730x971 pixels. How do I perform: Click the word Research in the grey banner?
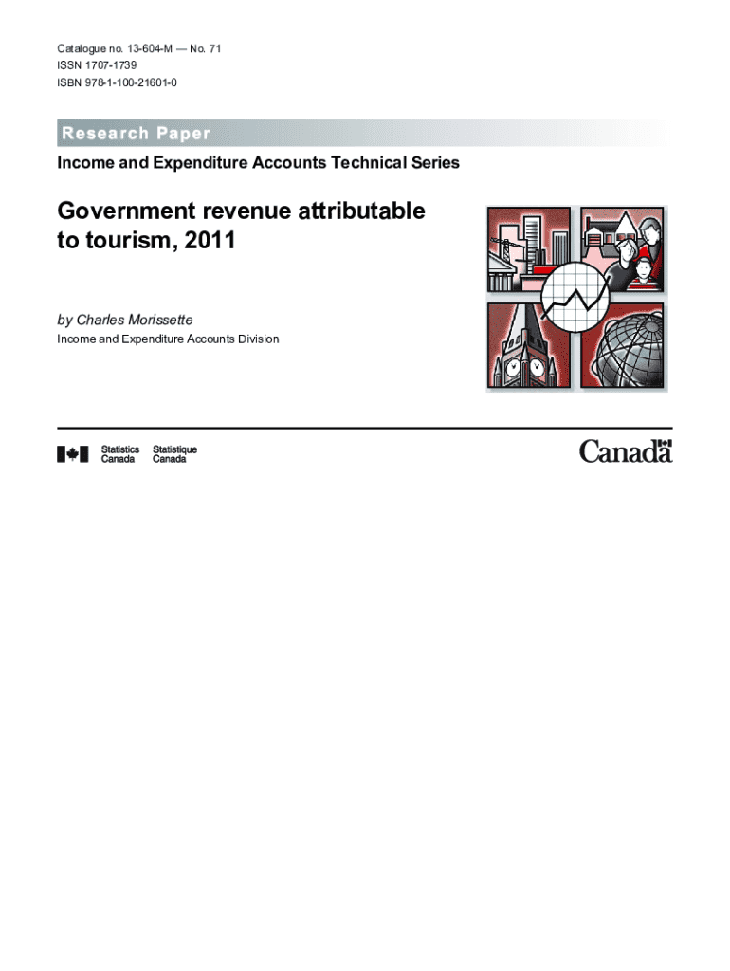[102, 133]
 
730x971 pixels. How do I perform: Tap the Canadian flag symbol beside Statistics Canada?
[73, 454]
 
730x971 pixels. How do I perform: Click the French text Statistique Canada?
[174, 454]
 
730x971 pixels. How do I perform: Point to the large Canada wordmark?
[625, 451]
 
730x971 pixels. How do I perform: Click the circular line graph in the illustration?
[578, 297]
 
